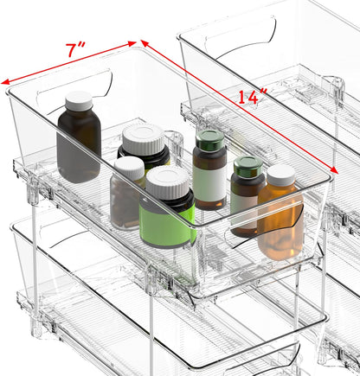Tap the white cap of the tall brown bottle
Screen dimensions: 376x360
pyautogui.click(x=79, y=100)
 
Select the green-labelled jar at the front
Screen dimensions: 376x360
pyautogui.click(x=168, y=216)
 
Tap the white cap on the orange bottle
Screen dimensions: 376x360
pyautogui.click(x=280, y=175)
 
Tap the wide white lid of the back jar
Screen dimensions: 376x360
pyautogui.click(x=143, y=138)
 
